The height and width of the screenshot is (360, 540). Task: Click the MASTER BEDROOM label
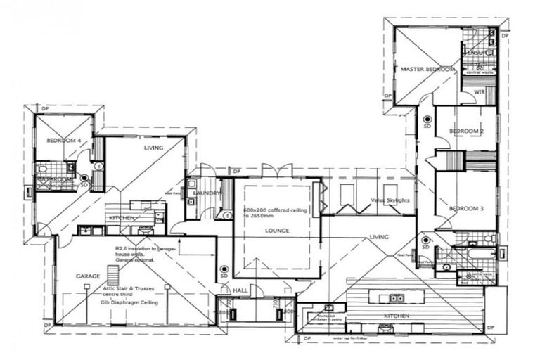point(427,70)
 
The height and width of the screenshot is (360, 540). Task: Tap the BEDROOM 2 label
point(467,131)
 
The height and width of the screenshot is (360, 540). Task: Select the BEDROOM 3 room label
point(467,208)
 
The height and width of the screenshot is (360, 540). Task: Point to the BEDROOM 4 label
point(65,141)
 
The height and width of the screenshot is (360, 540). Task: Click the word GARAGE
point(88,276)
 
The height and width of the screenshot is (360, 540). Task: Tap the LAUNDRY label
point(209,193)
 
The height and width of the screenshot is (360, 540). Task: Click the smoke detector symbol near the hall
point(224,269)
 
